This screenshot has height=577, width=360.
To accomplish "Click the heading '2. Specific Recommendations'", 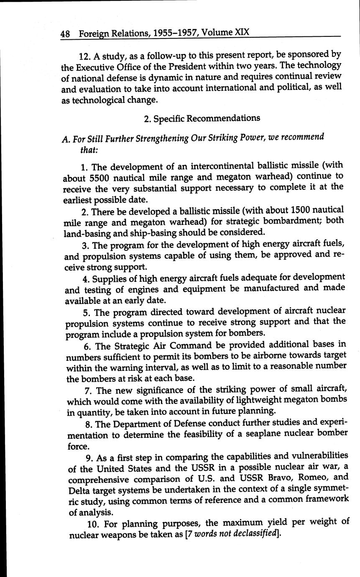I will point(202,118).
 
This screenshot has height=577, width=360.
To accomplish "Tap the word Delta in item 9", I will point(80,489).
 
